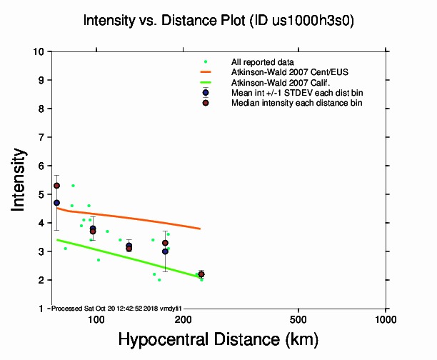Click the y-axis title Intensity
point(20,179)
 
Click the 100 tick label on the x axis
point(96,319)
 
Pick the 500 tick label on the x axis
point(298,319)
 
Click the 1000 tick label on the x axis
point(386,319)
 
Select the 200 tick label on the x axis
point(183,319)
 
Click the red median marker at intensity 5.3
point(56,186)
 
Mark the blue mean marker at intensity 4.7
point(56,203)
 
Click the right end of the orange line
point(200,229)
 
